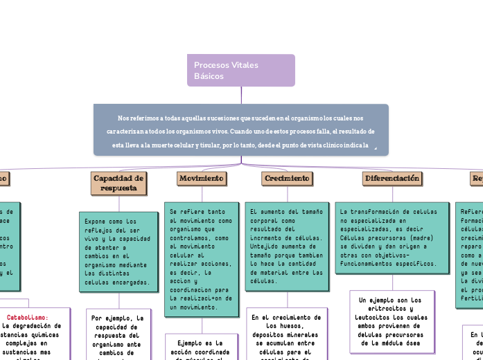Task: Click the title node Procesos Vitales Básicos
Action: click(x=240, y=70)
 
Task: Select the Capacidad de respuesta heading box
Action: click(x=118, y=183)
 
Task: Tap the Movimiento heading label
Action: click(x=202, y=179)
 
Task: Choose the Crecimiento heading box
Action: click(x=286, y=179)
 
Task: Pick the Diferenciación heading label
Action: click(x=392, y=179)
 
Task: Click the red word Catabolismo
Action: click(x=27, y=317)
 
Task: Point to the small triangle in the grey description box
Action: click(x=375, y=147)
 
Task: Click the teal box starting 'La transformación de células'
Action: click(x=392, y=238)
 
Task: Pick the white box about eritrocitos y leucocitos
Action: click(x=392, y=321)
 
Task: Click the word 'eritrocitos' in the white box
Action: click(x=392, y=309)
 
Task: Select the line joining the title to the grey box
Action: click(x=241, y=95)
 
